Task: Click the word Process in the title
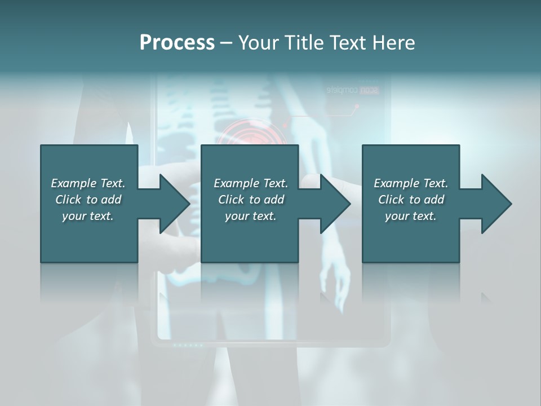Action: point(177,43)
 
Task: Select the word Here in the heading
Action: point(392,43)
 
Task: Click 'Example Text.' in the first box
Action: point(88,183)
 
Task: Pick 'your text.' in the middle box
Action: point(250,216)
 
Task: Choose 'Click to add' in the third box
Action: point(411,200)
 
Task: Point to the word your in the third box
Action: point(397,216)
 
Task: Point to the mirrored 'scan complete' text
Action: point(353,90)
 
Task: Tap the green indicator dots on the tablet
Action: point(187,345)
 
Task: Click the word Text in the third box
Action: point(434,183)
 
